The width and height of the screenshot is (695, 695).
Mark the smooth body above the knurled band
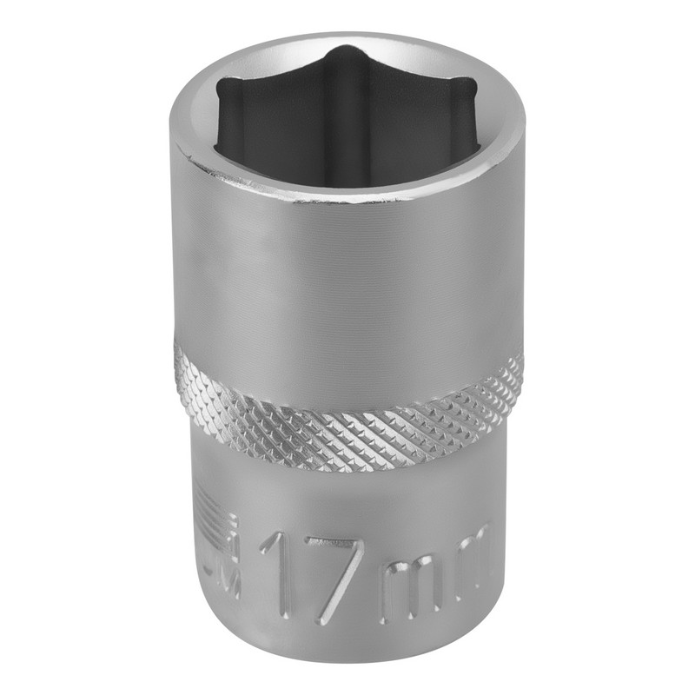pos(347,278)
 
